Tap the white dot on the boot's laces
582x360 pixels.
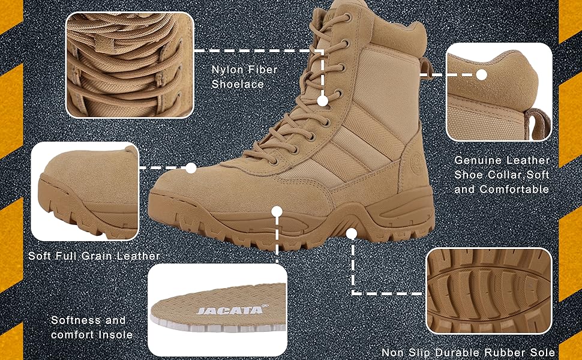click(x=323, y=101)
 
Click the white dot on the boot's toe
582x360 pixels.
click(x=191, y=168)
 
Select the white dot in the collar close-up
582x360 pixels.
click(x=481, y=75)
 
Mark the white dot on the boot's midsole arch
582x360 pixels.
click(x=352, y=233)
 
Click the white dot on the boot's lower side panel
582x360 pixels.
click(x=277, y=212)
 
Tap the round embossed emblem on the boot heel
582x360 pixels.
click(x=416, y=160)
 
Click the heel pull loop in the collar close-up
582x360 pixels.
click(x=538, y=122)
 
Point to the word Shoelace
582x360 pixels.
click(x=238, y=84)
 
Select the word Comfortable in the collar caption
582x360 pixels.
click(x=515, y=189)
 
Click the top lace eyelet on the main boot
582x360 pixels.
click(x=347, y=17)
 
